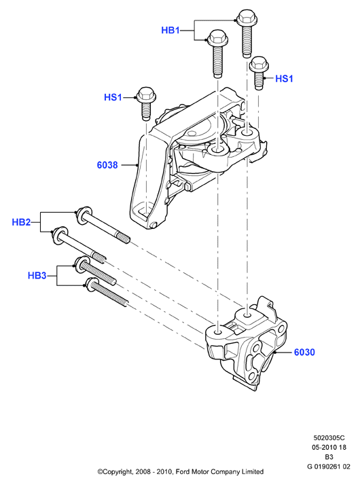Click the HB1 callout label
(170, 31)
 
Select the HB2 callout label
(21, 222)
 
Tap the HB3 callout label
(37, 275)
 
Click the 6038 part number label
(107, 165)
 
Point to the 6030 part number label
(304, 352)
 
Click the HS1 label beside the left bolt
(113, 97)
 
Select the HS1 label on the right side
(284, 79)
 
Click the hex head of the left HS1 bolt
(146, 95)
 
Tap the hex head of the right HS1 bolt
(259, 65)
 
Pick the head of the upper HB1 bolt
(247, 18)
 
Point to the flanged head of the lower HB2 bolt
(60, 236)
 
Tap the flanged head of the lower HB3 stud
(91, 284)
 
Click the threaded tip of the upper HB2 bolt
(124, 238)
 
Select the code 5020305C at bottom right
(329, 438)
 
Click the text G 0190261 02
(329, 467)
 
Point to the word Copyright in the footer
(116, 472)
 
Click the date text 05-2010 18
(329, 447)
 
